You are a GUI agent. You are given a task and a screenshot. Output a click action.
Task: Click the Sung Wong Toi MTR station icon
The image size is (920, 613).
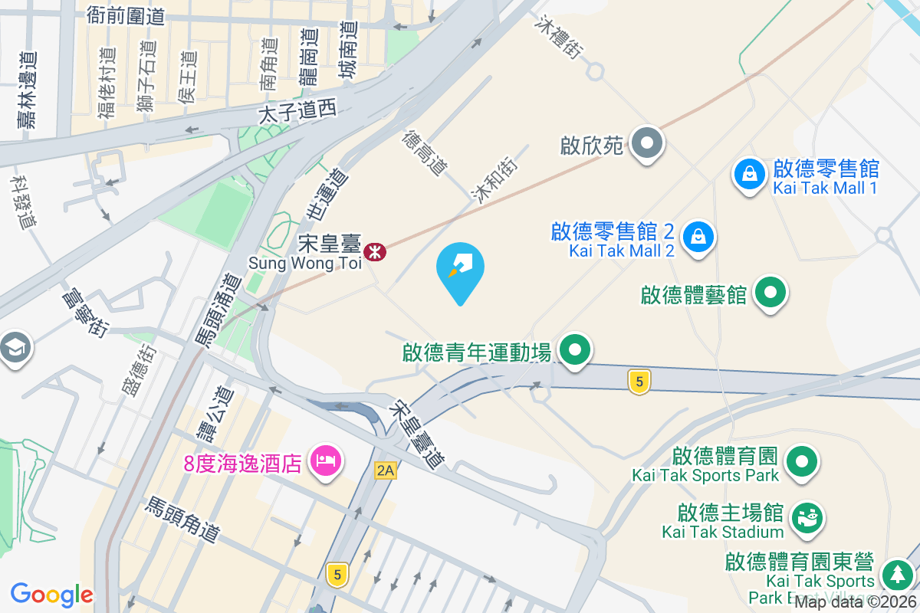pyautogui.click(x=375, y=251)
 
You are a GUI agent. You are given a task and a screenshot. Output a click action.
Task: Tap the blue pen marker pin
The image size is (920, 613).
pyautogui.click(x=460, y=268)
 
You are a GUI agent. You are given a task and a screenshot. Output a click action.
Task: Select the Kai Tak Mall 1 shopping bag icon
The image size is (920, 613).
pyautogui.click(x=749, y=175)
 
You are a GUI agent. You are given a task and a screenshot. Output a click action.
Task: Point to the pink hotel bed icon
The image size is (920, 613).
pyautogui.click(x=326, y=461)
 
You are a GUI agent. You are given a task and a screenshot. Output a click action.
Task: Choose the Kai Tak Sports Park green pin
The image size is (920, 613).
pyautogui.click(x=802, y=462)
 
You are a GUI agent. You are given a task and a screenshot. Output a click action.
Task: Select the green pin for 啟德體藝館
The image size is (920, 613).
pyautogui.click(x=770, y=293)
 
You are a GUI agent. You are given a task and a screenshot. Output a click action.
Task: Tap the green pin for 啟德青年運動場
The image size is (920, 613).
pyautogui.click(x=576, y=351)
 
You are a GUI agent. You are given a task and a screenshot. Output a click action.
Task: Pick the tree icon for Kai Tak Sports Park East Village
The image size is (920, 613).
pyautogui.click(x=895, y=574)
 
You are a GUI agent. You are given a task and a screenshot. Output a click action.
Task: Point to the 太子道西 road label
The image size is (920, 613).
pyautogui.click(x=298, y=113)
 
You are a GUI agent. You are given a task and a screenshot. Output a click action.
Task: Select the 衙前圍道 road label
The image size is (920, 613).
pyautogui.click(x=126, y=15)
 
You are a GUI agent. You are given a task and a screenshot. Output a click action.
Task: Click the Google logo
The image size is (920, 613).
pyautogui.click(x=51, y=595)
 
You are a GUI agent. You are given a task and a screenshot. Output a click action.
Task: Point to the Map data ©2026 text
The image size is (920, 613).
pyautogui.click(x=854, y=602)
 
